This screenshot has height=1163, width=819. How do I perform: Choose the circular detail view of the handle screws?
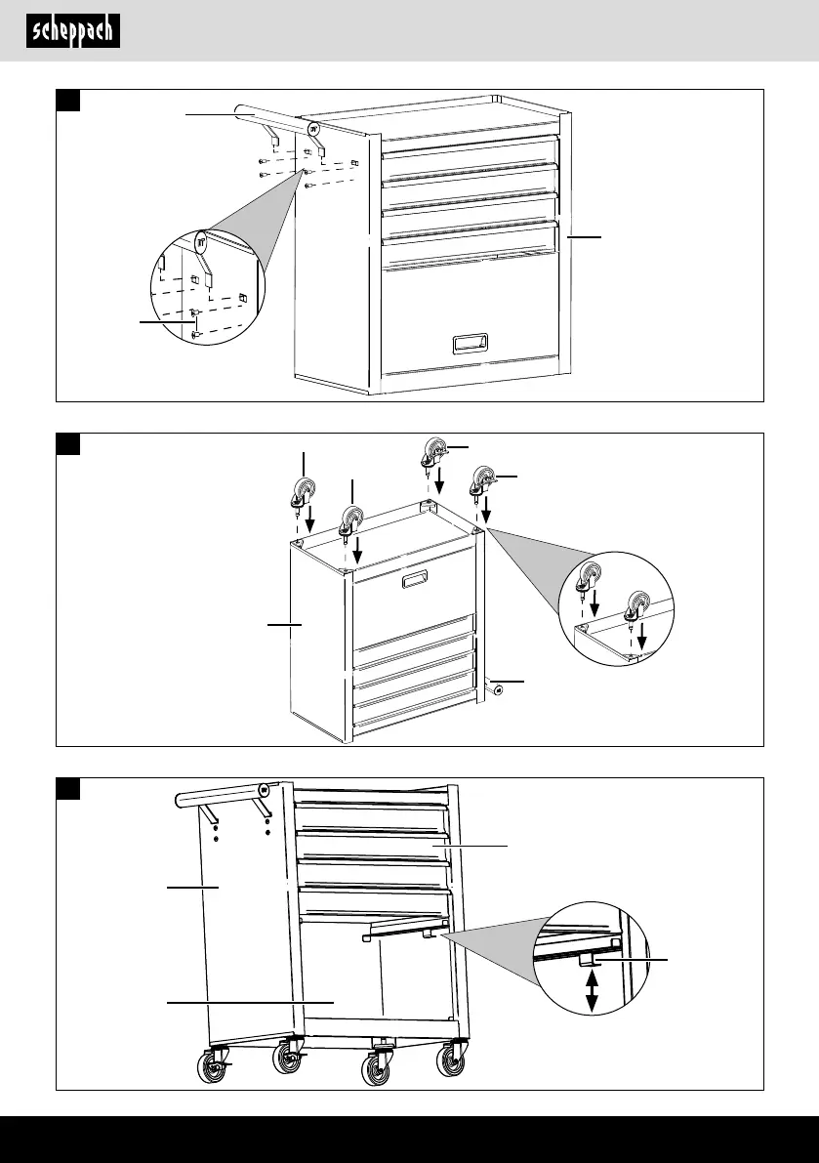coord(204,289)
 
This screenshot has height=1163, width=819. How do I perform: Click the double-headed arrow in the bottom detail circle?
coord(591,996)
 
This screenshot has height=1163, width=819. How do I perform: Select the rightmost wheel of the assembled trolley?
coord(452,1061)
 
